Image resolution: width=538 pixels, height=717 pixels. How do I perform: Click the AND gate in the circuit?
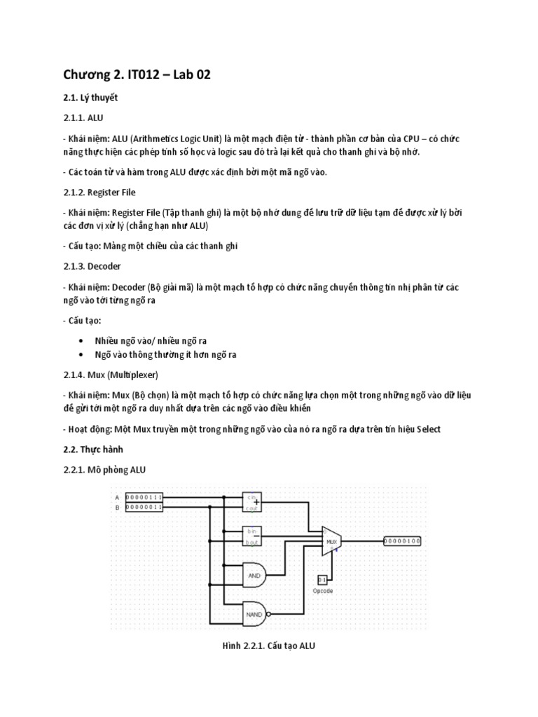tap(254, 576)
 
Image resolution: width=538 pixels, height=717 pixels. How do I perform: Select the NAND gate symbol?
tap(254, 615)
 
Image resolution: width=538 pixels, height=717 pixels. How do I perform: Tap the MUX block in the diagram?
tap(331, 541)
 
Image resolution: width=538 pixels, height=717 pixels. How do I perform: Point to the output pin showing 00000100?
tap(402, 541)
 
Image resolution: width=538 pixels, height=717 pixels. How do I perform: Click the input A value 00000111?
tap(144, 497)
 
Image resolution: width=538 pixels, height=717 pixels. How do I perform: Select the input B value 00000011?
tap(144, 507)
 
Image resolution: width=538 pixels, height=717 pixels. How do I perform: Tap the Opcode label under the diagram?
tap(322, 591)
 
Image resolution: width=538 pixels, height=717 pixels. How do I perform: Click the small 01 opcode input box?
tap(322, 580)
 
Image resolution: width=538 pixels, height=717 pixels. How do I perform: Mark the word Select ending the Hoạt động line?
tap(428, 429)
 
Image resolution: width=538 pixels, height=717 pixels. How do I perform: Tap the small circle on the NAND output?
tap(268, 615)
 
